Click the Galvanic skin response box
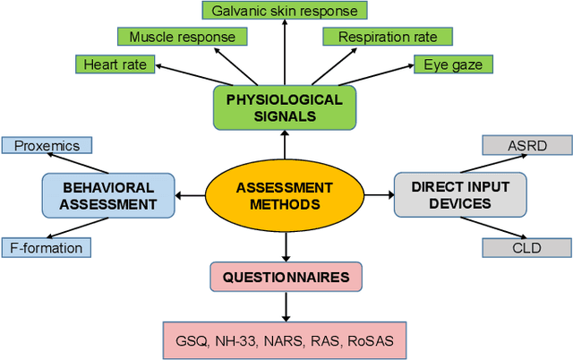[x=284, y=12]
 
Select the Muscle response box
[x=182, y=37]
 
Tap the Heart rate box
[x=115, y=64]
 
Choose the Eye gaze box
[x=453, y=64]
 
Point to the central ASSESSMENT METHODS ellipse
[x=284, y=195]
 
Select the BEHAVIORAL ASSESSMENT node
[x=109, y=195]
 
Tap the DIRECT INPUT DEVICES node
[x=460, y=195]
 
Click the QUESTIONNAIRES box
[x=286, y=277]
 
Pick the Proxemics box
[x=46, y=145]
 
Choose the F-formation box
[x=46, y=247]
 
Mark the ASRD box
[x=526, y=145]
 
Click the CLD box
[x=526, y=247]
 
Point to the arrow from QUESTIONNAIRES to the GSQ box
[x=286, y=306]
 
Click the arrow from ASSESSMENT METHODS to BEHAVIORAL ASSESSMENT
[x=191, y=195]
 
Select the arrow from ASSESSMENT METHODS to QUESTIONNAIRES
[x=286, y=244]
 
